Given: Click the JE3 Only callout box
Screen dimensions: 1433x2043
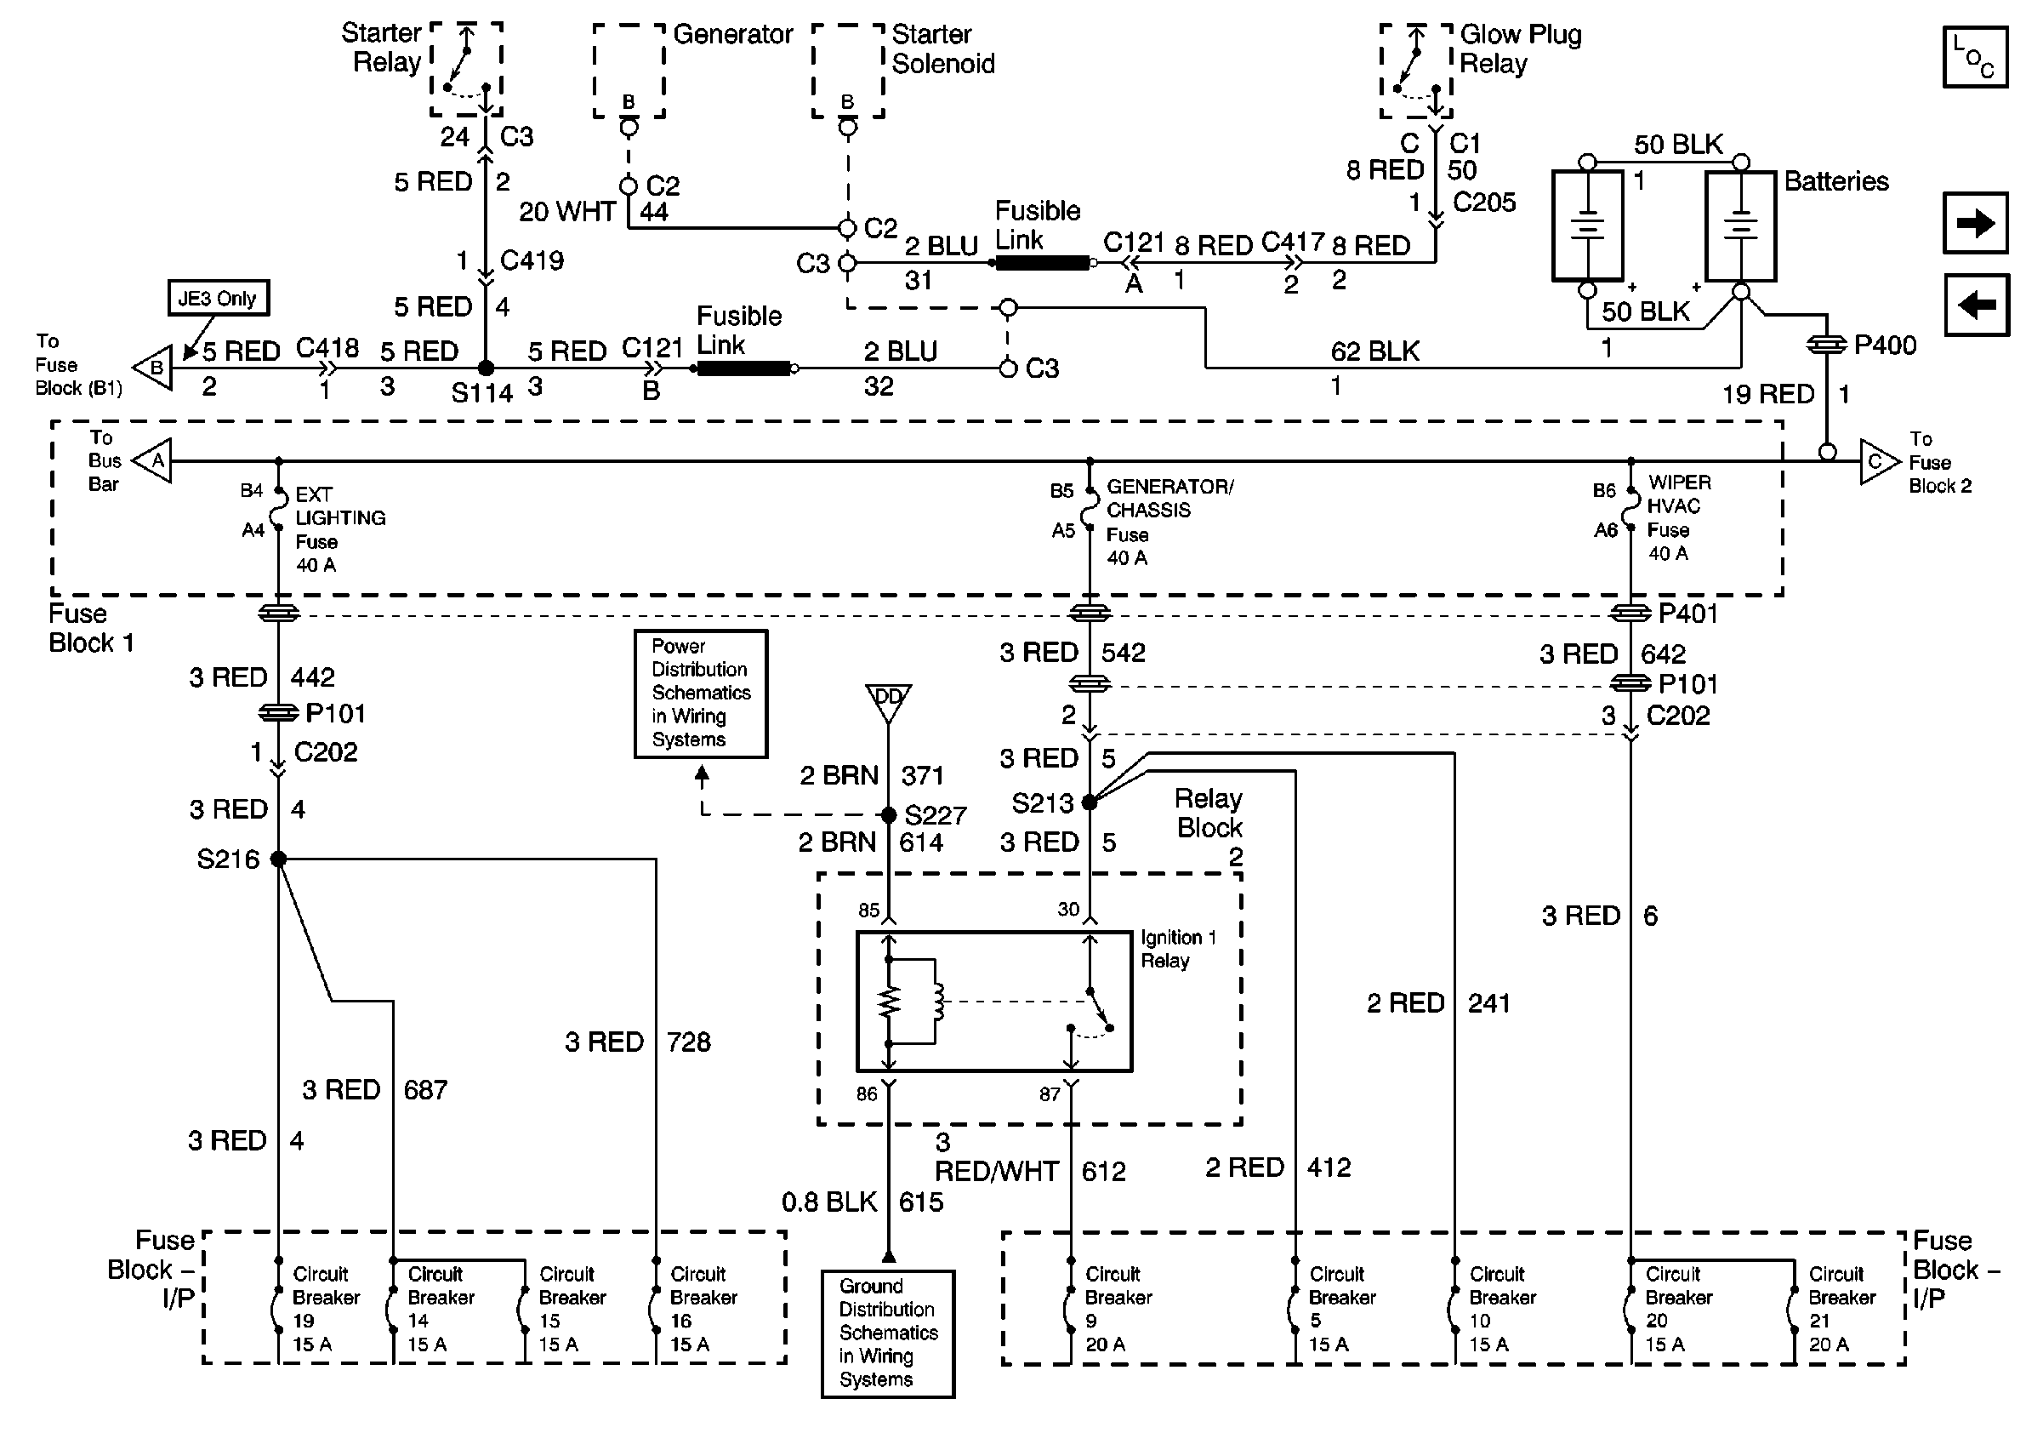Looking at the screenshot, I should point(218,298).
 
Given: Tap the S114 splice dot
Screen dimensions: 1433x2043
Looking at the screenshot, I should point(486,368).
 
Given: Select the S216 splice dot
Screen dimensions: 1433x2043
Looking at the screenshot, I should point(278,859).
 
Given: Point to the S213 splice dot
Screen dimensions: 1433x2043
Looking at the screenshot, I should point(1090,802).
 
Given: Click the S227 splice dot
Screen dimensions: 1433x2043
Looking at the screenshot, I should point(888,814).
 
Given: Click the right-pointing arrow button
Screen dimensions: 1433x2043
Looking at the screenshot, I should point(1975,222).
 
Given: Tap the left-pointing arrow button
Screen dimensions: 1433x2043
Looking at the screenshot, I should point(1975,305).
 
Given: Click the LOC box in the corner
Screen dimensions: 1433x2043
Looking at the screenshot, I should point(1974,57).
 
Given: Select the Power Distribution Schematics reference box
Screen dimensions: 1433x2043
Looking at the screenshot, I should point(700,694).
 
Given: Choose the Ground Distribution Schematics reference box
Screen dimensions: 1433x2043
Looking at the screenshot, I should point(887,1333).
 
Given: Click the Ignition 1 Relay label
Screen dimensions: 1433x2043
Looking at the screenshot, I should point(1177,949).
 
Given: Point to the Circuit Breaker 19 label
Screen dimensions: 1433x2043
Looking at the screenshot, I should point(325,1309).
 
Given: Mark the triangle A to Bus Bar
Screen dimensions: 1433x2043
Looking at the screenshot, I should point(154,461).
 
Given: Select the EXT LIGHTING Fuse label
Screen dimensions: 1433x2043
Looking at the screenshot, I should point(339,529).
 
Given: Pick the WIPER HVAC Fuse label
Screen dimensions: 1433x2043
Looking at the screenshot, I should point(1678,518).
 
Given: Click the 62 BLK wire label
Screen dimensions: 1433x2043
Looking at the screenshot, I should point(1374,351).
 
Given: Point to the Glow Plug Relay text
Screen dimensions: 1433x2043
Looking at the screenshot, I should point(1520,49).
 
